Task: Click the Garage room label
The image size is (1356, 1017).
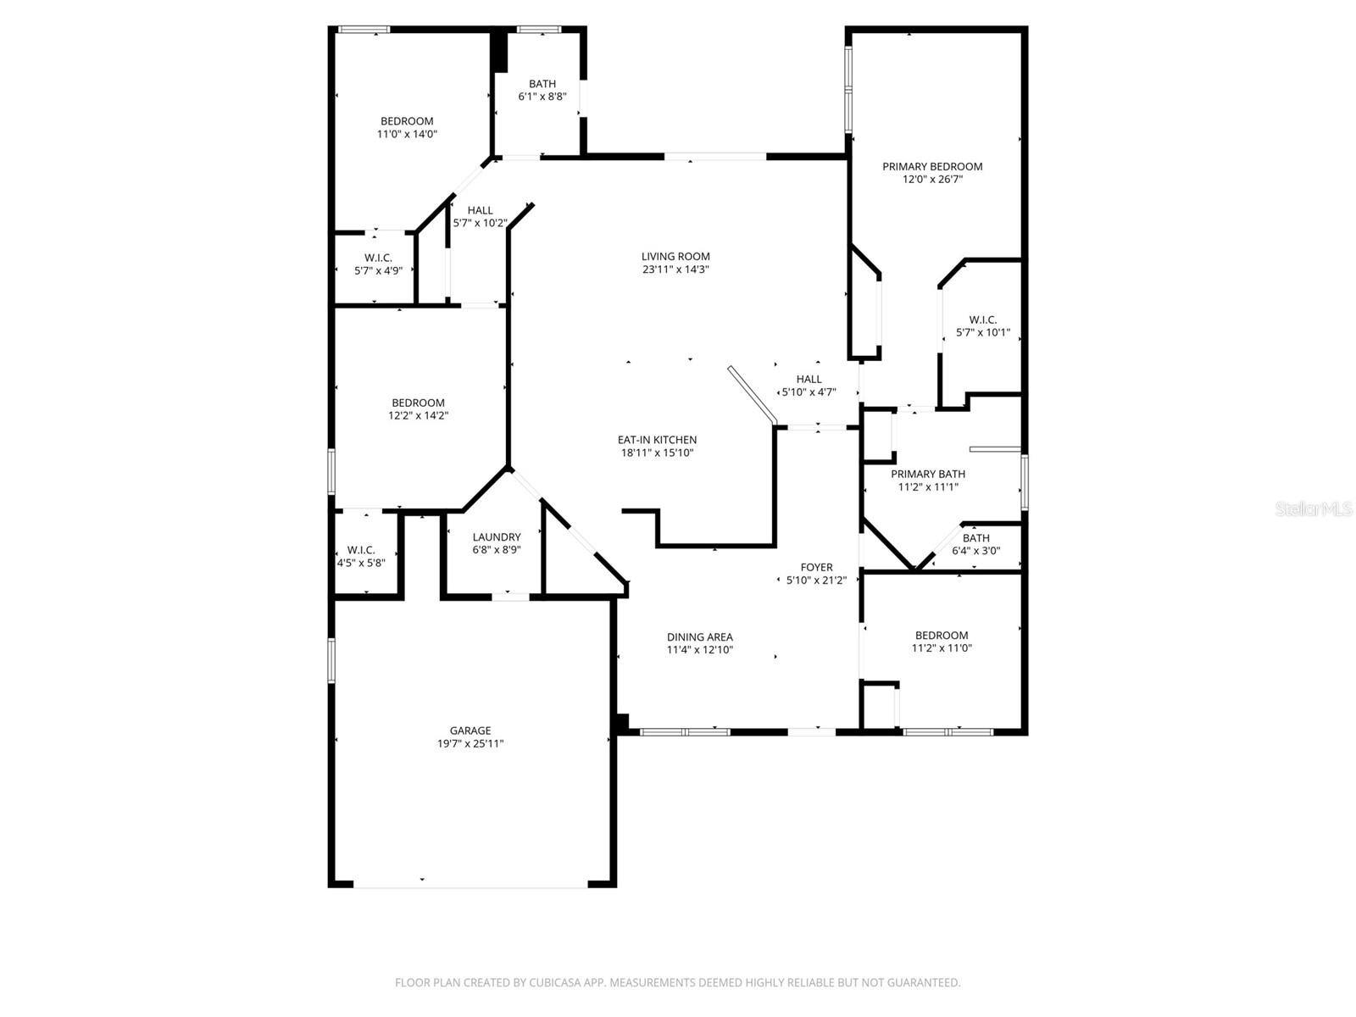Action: point(470,731)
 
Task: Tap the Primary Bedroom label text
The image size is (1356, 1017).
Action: point(932,167)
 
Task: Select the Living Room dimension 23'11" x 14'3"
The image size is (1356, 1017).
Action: point(675,270)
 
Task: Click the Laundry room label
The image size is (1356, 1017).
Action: point(497,537)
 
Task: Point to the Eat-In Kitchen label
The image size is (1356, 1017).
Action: point(657,440)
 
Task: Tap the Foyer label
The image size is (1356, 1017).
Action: point(816,567)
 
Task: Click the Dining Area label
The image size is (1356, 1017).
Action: point(699,637)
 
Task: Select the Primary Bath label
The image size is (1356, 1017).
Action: point(928,474)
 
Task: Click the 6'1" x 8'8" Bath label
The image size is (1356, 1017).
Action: point(542,84)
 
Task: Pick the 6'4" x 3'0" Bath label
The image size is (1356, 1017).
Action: point(975,538)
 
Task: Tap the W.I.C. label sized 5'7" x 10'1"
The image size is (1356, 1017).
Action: point(982,320)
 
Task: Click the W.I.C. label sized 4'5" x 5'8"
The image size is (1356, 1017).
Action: point(361,550)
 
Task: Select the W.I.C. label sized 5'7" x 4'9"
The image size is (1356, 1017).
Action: point(378,258)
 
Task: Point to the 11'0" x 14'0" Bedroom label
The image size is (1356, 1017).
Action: point(407,121)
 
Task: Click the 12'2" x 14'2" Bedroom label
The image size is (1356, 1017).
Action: point(418,403)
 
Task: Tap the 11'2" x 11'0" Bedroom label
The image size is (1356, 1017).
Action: point(942,636)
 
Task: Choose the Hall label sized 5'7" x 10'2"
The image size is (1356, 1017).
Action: point(480,210)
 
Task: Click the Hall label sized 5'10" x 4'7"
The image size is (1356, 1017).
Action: point(809,379)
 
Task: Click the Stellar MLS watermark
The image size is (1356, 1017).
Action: point(1314,508)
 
